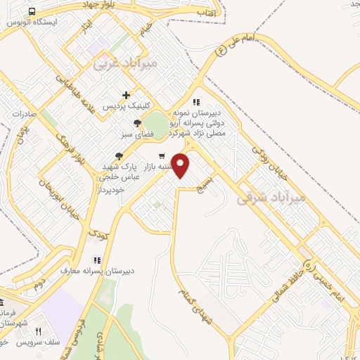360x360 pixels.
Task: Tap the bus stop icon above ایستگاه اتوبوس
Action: pyautogui.click(x=33, y=12)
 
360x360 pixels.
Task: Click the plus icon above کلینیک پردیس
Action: pyautogui.click(x=126, y=95)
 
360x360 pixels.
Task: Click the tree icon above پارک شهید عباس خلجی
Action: pyautogui.click(x=119, y=156)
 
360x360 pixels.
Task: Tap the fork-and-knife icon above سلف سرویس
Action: pyautogui.click(x=39, y=331)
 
